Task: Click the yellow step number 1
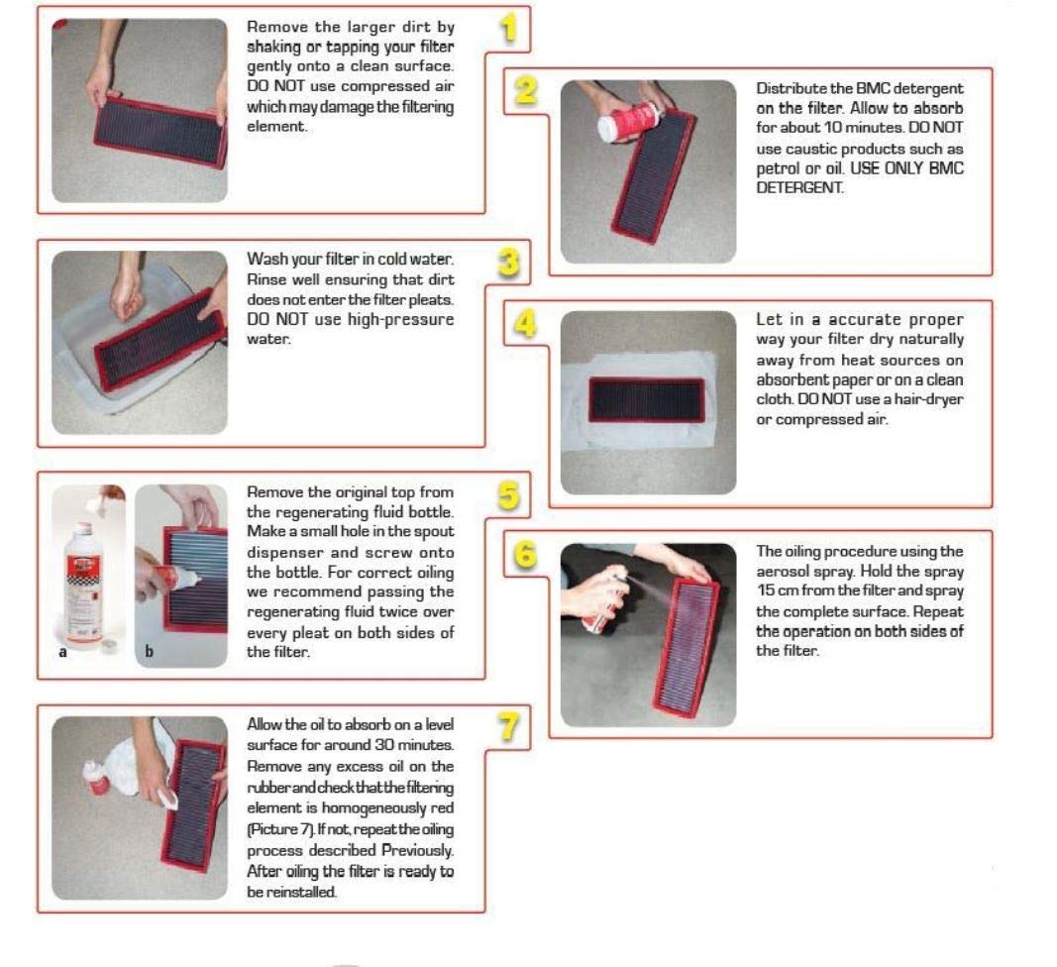(508, 29)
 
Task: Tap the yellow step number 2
(526, 90)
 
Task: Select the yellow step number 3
(509, 262)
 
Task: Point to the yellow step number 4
(525, 324)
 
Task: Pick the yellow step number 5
(509, 495)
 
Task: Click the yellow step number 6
(525, 555)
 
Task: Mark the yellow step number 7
(509, 727)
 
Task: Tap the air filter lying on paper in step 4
(647, 400)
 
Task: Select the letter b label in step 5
(149, 651)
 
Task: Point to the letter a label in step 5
(62, 652)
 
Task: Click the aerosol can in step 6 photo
(603, 602)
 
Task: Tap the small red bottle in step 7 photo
(96, 778)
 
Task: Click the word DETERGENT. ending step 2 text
(799, 188)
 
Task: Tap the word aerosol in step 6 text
(782, 572)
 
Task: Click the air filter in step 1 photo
(159, 132)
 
